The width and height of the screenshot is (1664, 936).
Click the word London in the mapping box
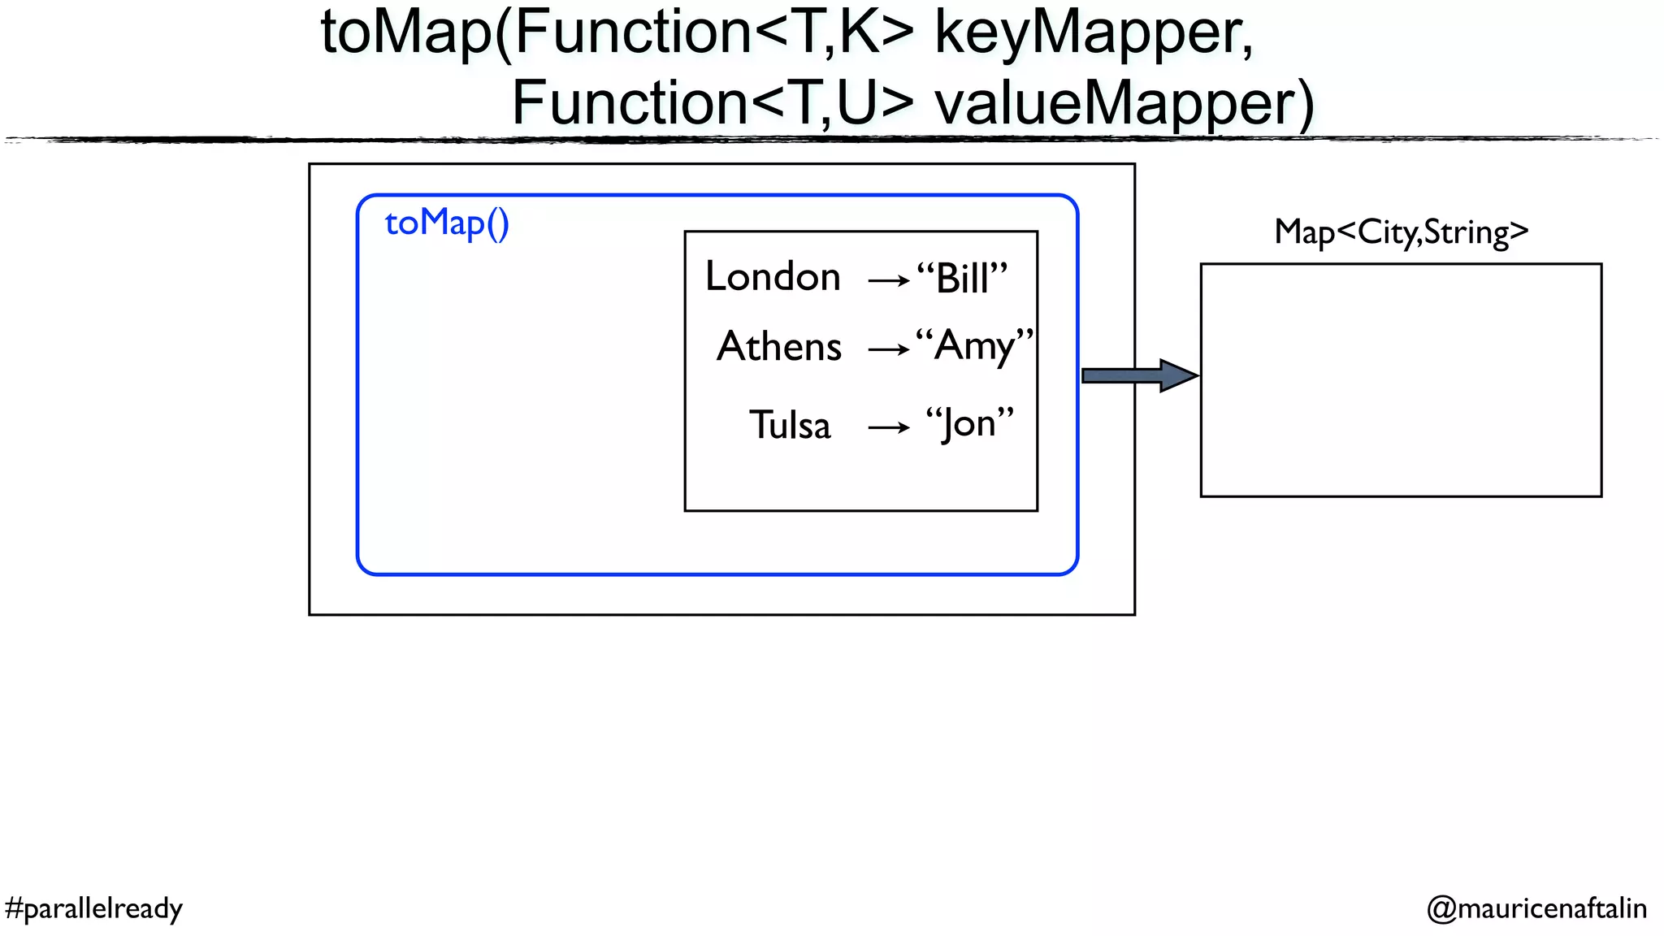tap(773, 277)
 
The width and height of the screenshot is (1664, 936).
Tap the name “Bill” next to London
tap(963, 279)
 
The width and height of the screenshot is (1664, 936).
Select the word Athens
tap(779, 347)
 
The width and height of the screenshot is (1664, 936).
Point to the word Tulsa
tap(790, 426)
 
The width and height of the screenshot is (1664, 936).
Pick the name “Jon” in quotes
tap(970, 424)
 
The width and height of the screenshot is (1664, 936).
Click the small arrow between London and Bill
tap(889, 281)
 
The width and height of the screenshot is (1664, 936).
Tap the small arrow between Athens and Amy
tap(889, 350)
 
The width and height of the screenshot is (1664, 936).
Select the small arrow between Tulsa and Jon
tap(889, 427)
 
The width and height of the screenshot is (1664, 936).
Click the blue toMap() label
tap(447, 223)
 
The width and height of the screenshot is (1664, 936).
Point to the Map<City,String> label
tap(1402, 232)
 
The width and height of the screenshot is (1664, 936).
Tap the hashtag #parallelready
tap(93, 908)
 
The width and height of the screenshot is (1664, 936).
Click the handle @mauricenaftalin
tap(1536, 908)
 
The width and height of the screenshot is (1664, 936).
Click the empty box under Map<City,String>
tap(1401, 379)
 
